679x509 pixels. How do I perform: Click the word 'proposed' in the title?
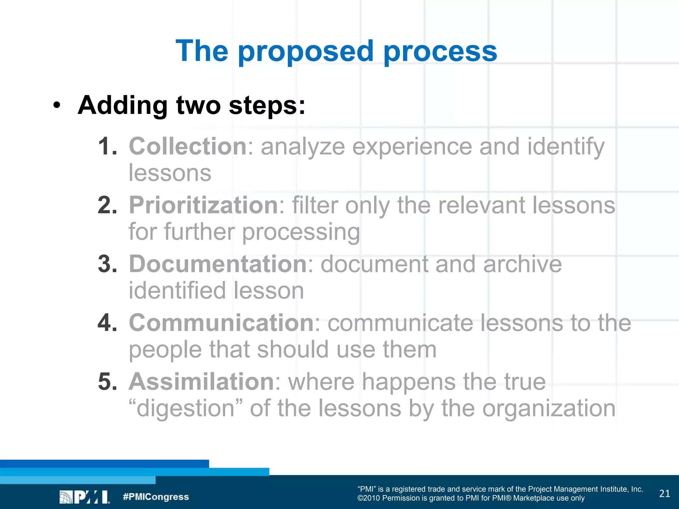(x=306, y=51)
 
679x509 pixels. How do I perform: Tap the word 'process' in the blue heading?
(x=440, y=51)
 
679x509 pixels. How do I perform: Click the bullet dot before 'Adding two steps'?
(x=57, y=105)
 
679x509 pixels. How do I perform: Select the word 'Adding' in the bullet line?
(x=123, y=105)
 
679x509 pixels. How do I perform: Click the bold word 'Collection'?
(x=188, y=146)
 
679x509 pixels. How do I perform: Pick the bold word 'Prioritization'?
(x=203, y=205)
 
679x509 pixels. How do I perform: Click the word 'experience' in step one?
(x=412, y=146)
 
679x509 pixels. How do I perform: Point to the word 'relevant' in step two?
(x=481, y=205)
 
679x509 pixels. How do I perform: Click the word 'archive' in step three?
(x=522, y=264)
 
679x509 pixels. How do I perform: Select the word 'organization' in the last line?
(x=549, y=408)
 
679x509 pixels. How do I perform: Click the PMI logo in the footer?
(x=84, y=497)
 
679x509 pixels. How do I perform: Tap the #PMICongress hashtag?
(x=155, y=497)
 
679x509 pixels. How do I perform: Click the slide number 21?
(x=664, y=494)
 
